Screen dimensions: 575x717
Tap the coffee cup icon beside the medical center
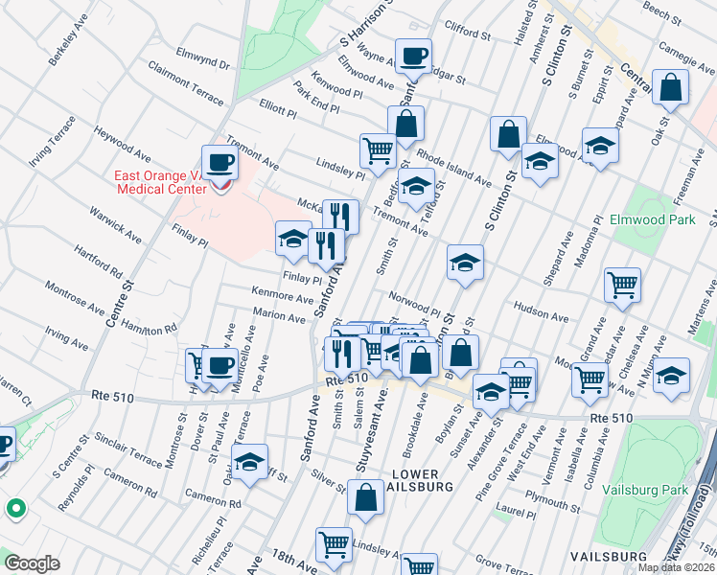click(220, 164)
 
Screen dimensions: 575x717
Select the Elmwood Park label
click(652, 219)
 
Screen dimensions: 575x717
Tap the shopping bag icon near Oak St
click(670, 88)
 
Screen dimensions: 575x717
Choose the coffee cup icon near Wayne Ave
click(413, 57)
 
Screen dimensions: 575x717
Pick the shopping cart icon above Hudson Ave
click(622, 285)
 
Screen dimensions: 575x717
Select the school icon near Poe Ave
click(249, 464)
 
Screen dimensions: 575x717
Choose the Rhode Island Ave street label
click(454, 170)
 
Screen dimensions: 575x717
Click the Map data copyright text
click(675, 567)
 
